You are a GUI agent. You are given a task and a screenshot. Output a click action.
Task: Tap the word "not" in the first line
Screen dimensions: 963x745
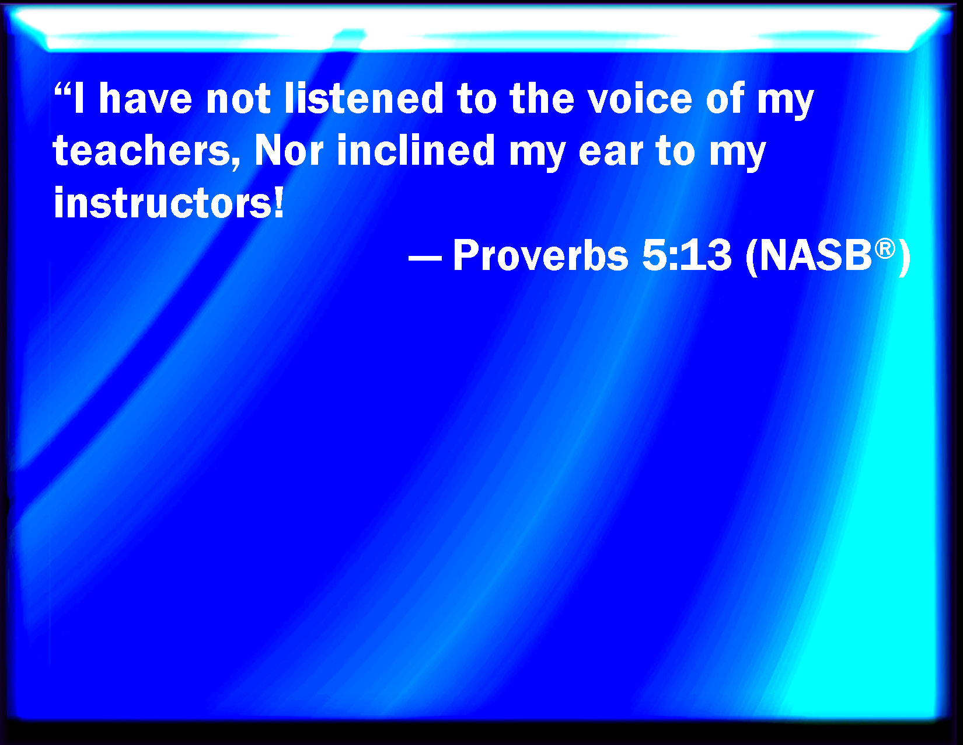(x=238, y=99)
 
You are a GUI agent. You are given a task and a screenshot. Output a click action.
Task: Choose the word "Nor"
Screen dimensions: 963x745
(x=288, y=150)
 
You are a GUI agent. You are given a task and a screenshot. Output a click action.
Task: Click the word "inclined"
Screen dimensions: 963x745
(x=416, y=150)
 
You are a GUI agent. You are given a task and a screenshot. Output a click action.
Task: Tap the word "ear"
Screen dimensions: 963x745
(x=611, y=153)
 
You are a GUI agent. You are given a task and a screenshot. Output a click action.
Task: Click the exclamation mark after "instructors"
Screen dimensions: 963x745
(x=278, y=202)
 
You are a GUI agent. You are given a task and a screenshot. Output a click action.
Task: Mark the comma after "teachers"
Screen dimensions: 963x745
(x=235, y=163)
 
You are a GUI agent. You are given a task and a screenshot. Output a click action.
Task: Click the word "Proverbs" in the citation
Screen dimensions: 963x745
(x=540, y=255)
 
